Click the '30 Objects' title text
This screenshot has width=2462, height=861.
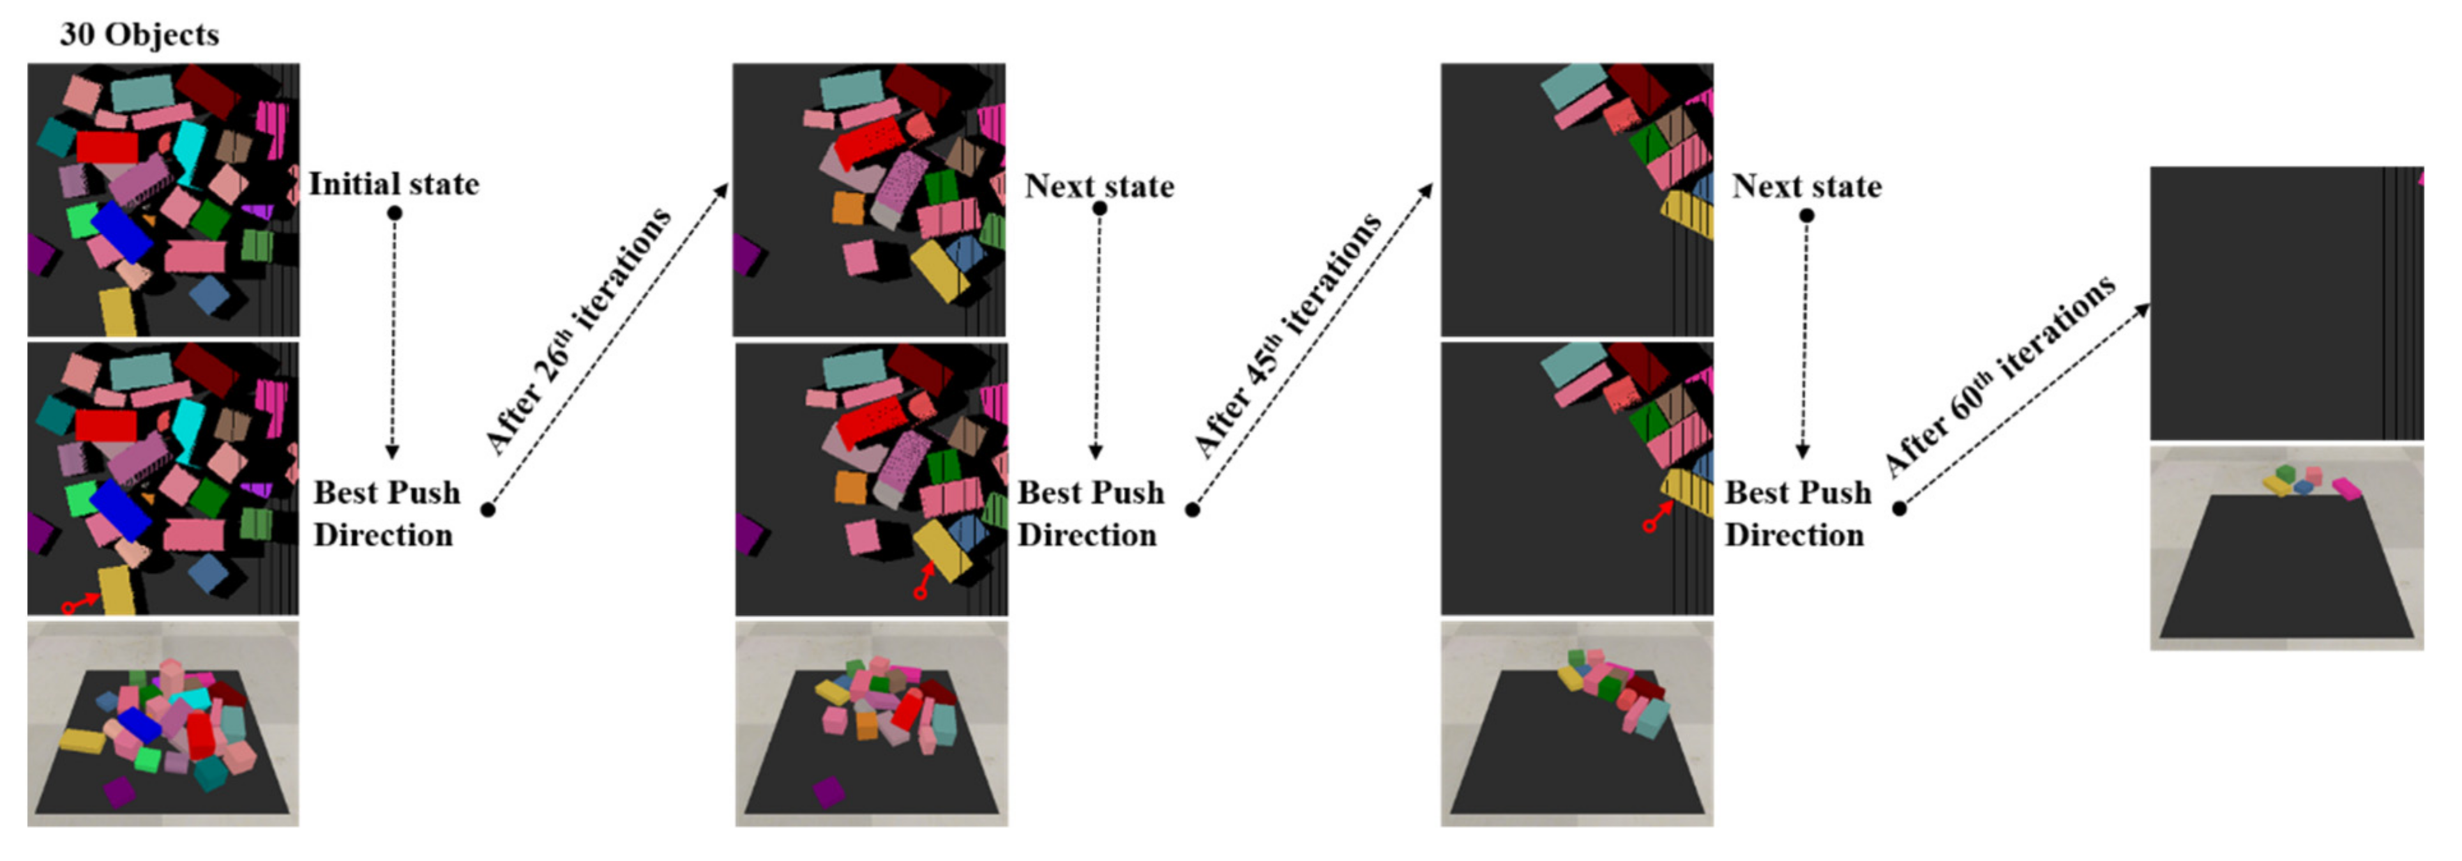[x=140, y=34]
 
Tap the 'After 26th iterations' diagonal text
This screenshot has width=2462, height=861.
[x=578, y=330]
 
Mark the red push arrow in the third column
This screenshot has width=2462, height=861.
[x=1658, y=517]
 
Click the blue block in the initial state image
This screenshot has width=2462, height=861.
[x=121, y=231]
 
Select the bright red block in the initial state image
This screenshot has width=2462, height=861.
[x=107, y=147]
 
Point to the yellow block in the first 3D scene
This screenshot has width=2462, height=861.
[x=82, y=740]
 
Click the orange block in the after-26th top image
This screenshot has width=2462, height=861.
[x=849, y=208]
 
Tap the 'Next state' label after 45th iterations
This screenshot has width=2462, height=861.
[x=1806, y=187]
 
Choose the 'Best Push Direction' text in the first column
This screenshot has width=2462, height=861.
[x=386, y=513]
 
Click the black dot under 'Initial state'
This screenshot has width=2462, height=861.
[x=394, y=212]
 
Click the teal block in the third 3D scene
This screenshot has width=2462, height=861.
[x=1652, y=718]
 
